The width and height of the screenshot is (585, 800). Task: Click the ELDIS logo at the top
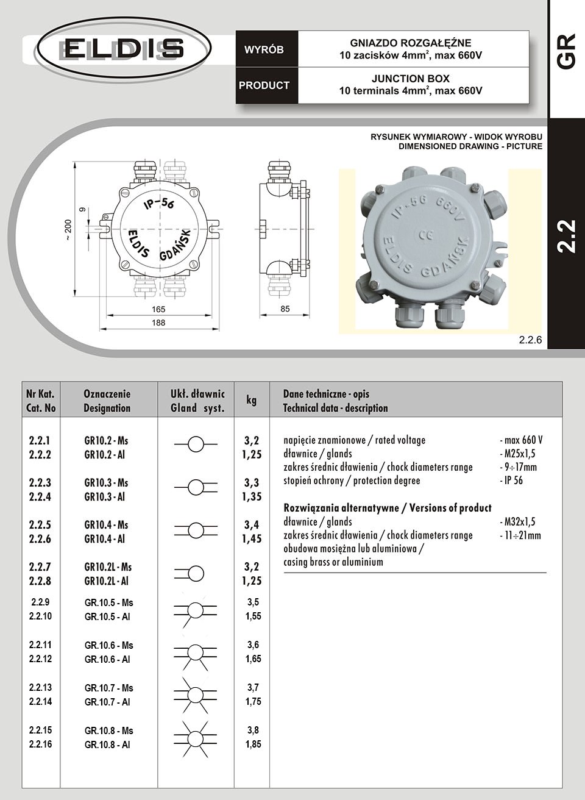click(x=124, y=48)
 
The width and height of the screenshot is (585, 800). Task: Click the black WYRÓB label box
click(x=264, y=50)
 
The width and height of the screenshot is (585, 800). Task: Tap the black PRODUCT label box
click(x=264, y=85)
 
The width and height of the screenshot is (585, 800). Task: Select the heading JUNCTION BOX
click(x=410, y=79)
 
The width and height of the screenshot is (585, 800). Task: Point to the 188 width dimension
click(x=158, y=323)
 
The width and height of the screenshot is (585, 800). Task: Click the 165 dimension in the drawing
click(x=158, y=309)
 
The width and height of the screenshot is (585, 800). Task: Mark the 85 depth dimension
click(x=285, y=309)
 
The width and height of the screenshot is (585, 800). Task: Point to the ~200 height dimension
click(x=68, y=230)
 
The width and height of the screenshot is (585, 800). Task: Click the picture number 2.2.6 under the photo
click(x=530, y=340)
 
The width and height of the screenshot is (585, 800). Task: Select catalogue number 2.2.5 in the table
click(x=40, y=524)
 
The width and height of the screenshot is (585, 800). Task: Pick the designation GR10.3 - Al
click(x=104, y=497)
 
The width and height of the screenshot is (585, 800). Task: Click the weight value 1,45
click(x=252, y=539)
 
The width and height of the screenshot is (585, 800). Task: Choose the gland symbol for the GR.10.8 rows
click(x=195, y=737)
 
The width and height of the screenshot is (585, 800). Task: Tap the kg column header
click(x=251, y=400)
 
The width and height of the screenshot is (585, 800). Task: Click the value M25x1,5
click(x=519, y=454)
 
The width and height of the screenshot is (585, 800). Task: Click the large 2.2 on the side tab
click(x=566, y=235)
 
